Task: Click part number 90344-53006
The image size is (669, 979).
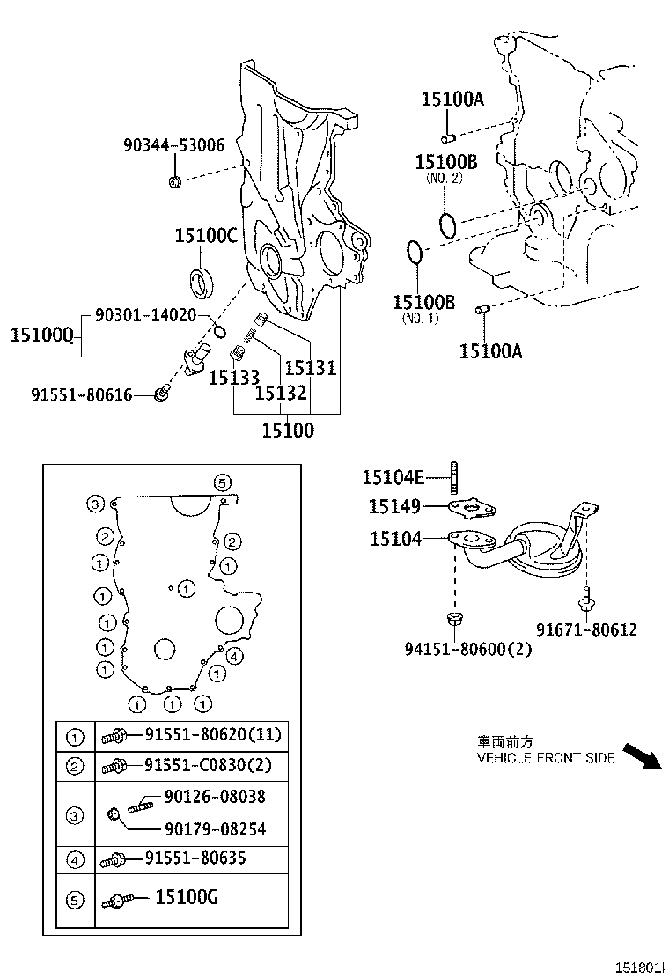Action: click(173, 145)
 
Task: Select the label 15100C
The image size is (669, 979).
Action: click(206, 235)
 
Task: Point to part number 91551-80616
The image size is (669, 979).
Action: click(85, 395)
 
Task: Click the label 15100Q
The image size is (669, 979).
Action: click(40, 335)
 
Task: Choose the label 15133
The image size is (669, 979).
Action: click(233, 378)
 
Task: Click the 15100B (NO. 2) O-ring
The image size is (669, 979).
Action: click(446, 225)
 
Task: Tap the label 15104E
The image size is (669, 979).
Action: click(393, 477)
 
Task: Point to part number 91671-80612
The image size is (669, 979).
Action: click(586, 629)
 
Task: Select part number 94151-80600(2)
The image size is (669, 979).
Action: click(457, 649)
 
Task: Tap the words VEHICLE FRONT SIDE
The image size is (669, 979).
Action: click(545, 758)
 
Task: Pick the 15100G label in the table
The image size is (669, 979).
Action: click(187, 897)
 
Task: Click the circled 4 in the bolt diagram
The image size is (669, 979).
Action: click(234, 656)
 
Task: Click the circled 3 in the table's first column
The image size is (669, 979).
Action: click(75, 815)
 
